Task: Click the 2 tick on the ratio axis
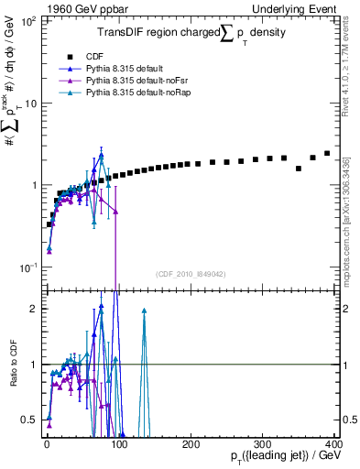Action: pyautogui.click(x=35, y=309)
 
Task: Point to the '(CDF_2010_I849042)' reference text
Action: pyautogui.click(x=191, y=272)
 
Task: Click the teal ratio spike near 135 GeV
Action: pyautogui.click(x=144, y=311)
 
